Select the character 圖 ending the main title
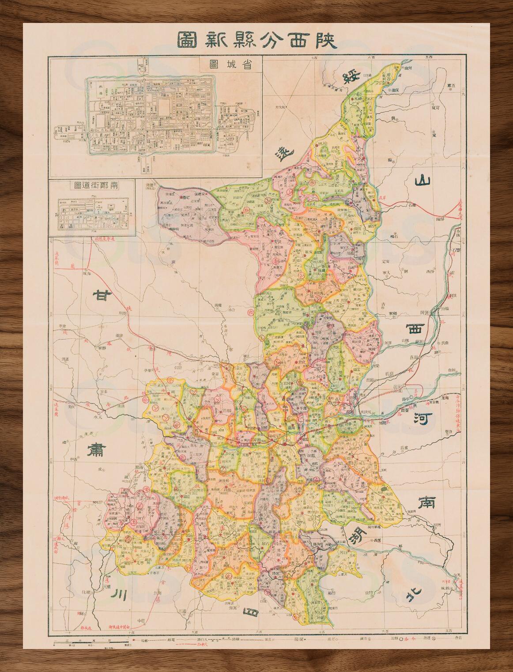(x=189, y=41)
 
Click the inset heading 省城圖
(x=230, y=64)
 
